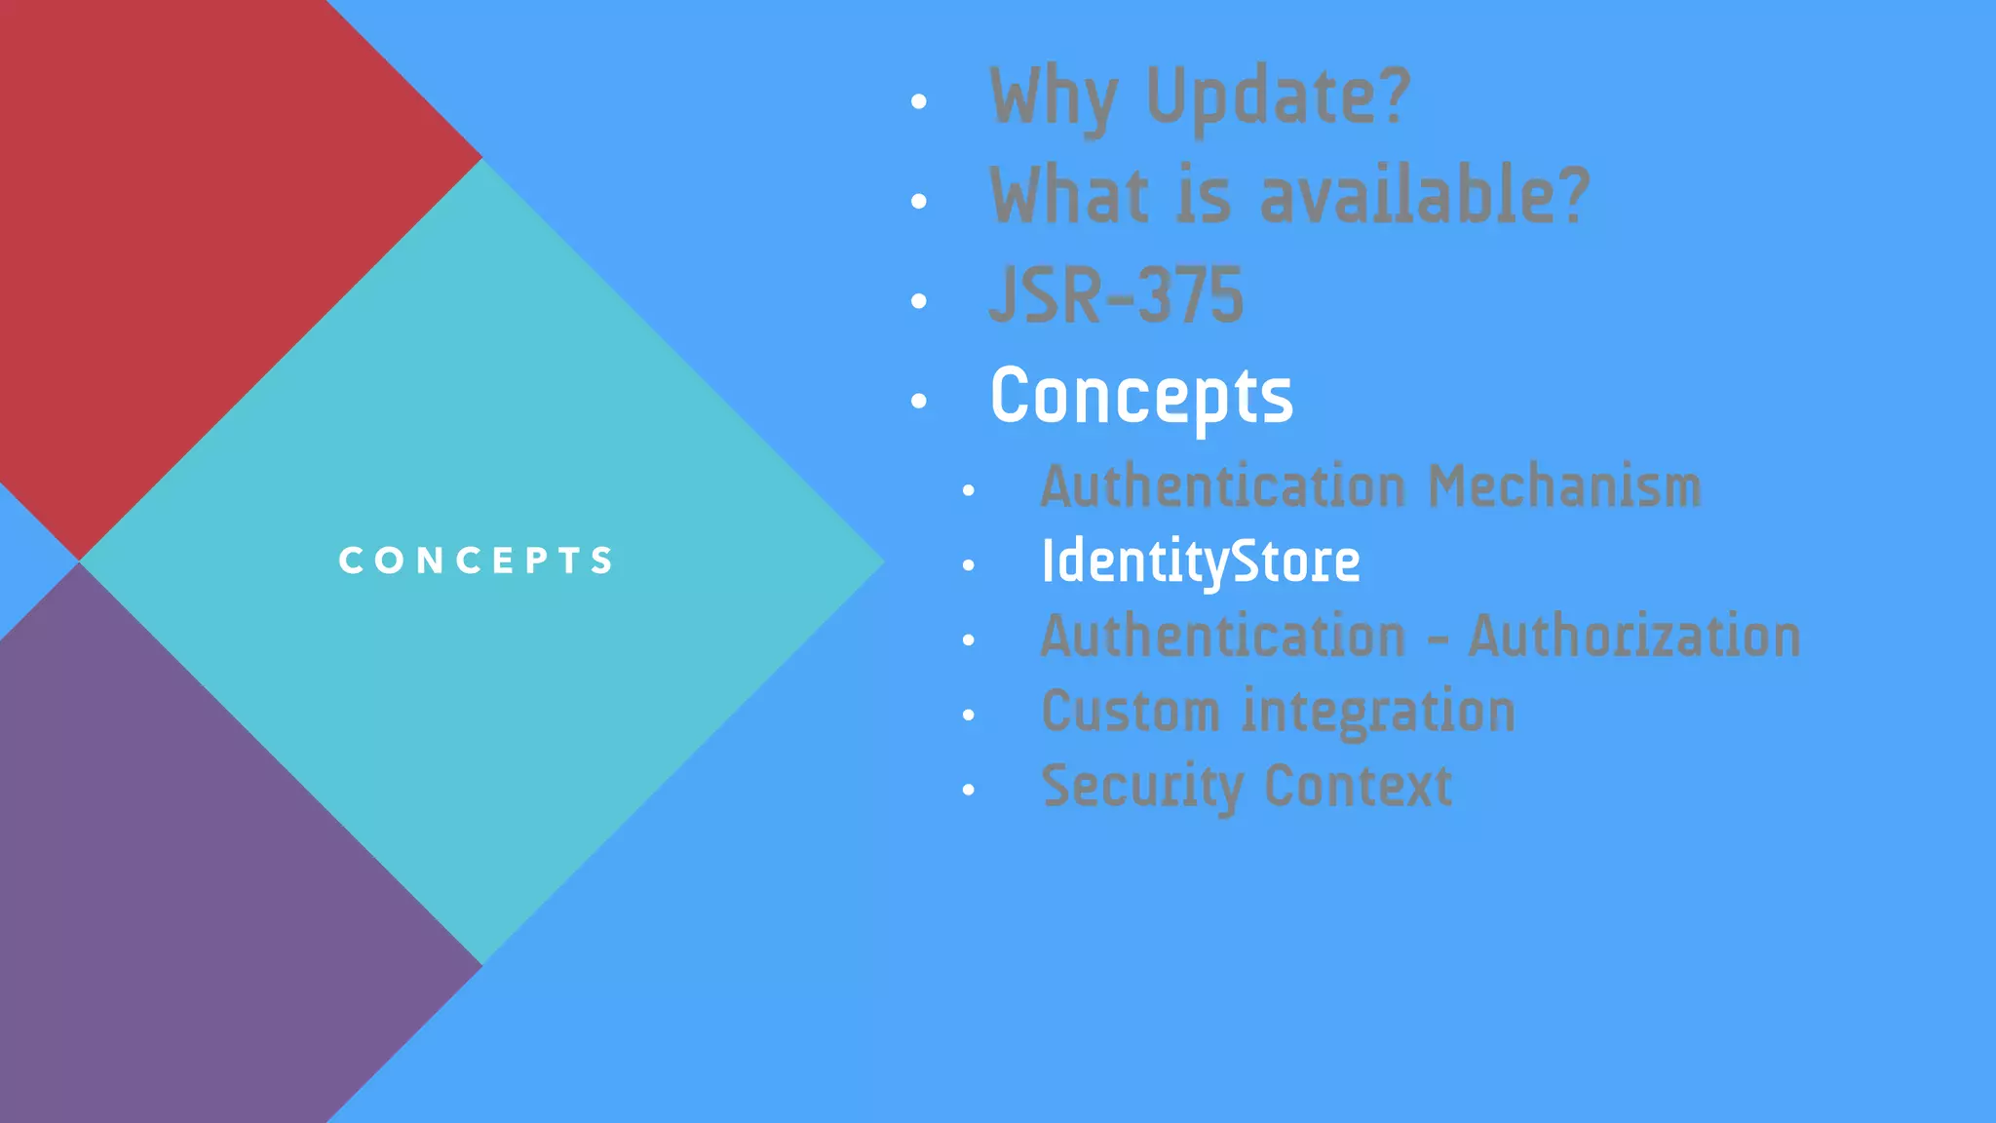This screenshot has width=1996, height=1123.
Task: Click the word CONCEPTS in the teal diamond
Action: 476,561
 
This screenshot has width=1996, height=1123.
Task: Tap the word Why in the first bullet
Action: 1053,97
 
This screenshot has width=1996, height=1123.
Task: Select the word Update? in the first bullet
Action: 1278,97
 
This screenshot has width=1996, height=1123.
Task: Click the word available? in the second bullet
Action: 1424,195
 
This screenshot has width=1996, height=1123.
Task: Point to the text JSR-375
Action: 1116,295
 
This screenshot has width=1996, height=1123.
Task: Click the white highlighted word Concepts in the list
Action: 1141,397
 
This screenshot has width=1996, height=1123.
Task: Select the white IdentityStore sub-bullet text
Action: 1200,562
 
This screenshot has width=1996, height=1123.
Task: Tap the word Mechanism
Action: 1564,486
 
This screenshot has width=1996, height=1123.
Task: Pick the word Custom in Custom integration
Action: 1130,712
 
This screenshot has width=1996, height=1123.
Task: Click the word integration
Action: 1378,712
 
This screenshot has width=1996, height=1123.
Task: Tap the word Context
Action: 1358,787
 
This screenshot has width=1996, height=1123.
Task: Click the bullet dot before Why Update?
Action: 918,101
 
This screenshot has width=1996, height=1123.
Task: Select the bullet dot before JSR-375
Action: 918,301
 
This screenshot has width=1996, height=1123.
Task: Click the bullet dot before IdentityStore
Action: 968,565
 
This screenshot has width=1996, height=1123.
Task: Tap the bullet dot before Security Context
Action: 968,790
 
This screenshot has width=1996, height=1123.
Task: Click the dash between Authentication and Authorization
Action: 1437,640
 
